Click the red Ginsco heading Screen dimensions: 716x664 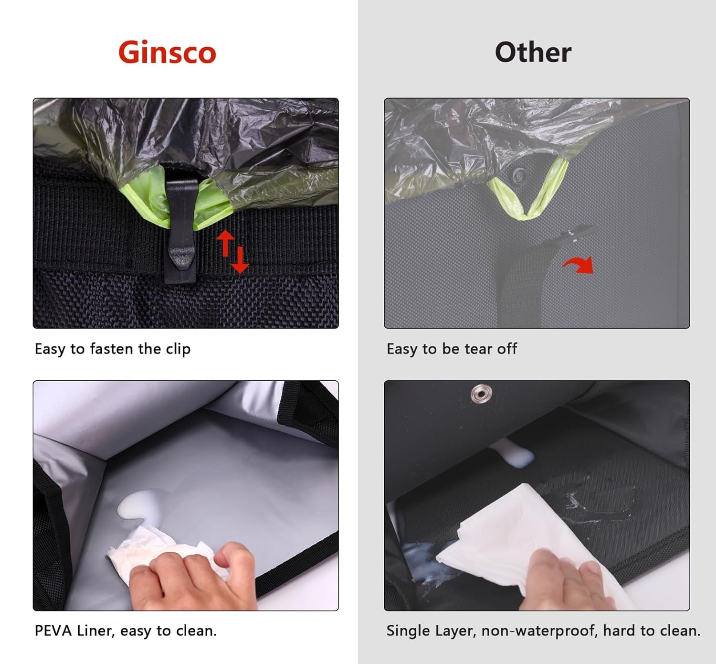167,53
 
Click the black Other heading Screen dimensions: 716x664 533,53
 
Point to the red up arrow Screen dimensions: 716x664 226,243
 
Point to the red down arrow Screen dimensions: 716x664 240,260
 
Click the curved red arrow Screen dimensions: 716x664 579,265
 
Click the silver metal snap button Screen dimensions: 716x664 481,393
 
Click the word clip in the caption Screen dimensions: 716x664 178,349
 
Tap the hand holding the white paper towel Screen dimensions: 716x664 566,581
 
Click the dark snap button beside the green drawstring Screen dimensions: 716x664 519,175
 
